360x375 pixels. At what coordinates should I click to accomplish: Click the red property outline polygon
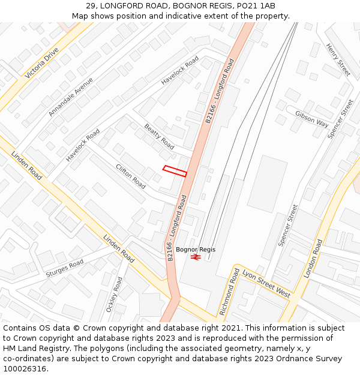click(175, 171)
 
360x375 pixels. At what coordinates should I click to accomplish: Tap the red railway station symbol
click(196, 257)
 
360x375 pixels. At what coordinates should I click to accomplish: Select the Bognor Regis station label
click(196, 250)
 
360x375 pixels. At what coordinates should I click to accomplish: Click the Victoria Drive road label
click(42, 63)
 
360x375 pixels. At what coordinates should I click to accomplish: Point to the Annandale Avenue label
click(71, 97)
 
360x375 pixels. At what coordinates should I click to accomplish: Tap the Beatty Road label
click(160, 137)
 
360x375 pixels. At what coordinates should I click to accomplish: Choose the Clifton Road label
click(131, 176)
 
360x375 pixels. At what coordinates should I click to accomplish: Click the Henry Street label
click(338, 59)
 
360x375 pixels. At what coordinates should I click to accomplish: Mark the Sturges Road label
click(65, 268)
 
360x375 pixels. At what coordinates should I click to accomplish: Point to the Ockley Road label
click(114, 295)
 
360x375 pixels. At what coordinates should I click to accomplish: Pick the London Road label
click(313, 258)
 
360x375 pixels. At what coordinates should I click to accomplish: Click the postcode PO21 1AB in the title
click(254, 6)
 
